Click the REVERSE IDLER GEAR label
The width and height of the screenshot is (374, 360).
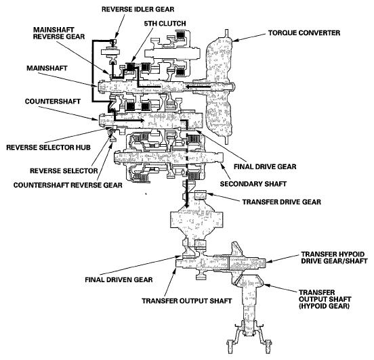click(x=138, y=9)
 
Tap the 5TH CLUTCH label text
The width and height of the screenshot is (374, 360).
click(x=165, y=24)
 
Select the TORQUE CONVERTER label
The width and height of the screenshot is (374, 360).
click(x=304, y=33)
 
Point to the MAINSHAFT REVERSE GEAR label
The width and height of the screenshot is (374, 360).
click(x=59, y=33)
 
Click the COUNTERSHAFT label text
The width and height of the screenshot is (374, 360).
click(x=53, y=102)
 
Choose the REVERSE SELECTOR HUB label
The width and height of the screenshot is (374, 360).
click(x=48, y=148)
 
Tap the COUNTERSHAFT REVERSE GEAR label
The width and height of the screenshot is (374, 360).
click(x=68, y=185)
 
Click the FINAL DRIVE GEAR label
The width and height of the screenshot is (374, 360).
click(x=265, y=166)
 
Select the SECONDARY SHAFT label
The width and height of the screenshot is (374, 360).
click(x=253, y=184)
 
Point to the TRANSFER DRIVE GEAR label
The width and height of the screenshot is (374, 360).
click(x=282, y=202)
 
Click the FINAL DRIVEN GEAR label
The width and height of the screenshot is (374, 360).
click(x=119, y=279)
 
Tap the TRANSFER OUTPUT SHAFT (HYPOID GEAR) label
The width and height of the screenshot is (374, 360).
click(x=325, y=299)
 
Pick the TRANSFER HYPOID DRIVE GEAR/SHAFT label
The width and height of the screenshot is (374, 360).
click(x=334, y=258)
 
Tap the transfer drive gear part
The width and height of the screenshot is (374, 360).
click(x=200, y=195)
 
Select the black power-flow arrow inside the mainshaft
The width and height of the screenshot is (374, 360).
click(x=199, y=87)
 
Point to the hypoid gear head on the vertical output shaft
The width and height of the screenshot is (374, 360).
click(x=248, y=280)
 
